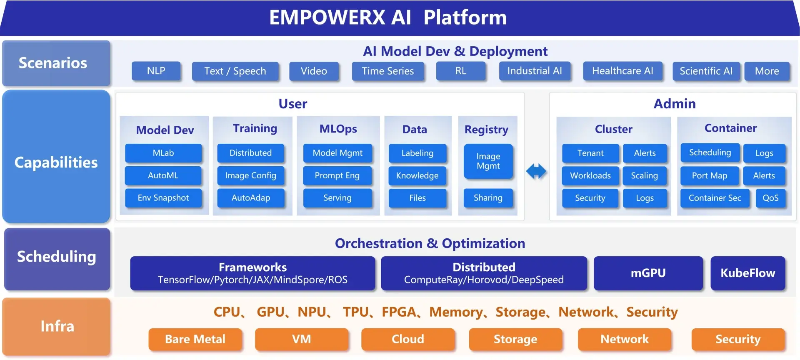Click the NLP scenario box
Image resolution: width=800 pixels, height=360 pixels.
[156, 71]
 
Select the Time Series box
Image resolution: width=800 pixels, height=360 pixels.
[387, 71]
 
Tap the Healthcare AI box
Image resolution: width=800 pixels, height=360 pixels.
[622, 71]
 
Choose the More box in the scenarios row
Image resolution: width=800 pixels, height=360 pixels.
[767, 71]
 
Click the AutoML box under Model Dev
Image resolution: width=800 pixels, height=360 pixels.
[163, 175]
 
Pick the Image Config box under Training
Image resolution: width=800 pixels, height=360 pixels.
[250, 175]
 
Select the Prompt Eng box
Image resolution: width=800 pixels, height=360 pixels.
[337, 175]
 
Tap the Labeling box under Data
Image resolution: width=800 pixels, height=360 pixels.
[417, 153]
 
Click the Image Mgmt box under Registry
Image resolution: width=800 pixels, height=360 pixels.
[488, 161]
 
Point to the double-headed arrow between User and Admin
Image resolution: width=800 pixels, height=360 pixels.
[536, 171]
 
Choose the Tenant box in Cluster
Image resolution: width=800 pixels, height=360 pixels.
[590, 153]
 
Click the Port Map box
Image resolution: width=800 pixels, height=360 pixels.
[709, 175]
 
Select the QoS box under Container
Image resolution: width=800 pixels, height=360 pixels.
[770, 198]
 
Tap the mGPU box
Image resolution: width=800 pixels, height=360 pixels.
[648, 273]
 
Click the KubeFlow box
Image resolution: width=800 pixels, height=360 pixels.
[747, 273]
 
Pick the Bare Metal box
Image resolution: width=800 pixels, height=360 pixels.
[195, 339]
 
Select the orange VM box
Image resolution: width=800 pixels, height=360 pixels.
[301, 339]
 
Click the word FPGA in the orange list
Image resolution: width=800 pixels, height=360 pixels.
[399, 312]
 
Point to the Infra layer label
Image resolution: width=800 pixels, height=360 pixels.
[57, 326]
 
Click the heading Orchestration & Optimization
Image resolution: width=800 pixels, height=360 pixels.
[430, 243]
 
